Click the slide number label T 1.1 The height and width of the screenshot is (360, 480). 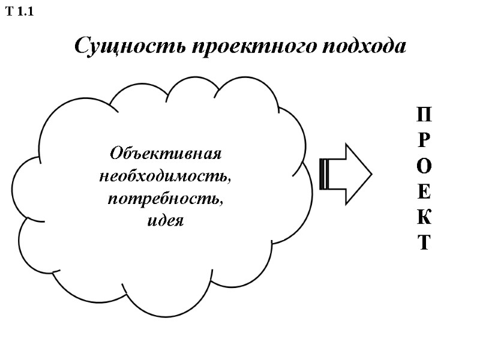coord(19,11)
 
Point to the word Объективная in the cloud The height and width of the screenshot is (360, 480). coord(166,153)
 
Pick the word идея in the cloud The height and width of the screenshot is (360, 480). coord(165,220)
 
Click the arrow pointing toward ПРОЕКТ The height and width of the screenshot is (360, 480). coord(346,174)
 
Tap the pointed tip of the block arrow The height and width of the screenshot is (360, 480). coord(370,174)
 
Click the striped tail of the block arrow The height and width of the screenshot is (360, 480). coord(324,174)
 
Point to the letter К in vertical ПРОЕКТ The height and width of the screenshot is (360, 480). coord(424,217)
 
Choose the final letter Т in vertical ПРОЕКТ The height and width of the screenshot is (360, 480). coord(424,243)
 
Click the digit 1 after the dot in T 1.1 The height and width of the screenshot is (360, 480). coord(30,11)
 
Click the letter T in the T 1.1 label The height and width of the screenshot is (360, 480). coord(8,11)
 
